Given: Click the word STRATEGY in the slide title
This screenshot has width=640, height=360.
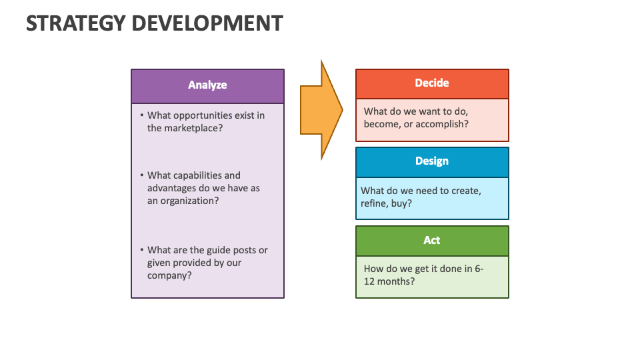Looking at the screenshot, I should pyautogui.click(x=75, y=23).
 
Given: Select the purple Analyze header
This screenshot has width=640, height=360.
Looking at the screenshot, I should pyautogui.click(x=207, y=85).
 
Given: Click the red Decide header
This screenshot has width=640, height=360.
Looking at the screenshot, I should pyautogui.click(x=432, y=83).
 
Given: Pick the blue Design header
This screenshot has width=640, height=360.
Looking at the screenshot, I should pyautogui.click(x=432, y=161).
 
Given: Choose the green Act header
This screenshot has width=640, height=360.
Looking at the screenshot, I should pyautogui.click(x=432, y=241).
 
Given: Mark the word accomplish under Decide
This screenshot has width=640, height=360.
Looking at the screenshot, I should pyautogui.click(x=441, y=124).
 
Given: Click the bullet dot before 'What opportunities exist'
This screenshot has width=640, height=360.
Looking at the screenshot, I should pyautogui.click(x=141, y=115).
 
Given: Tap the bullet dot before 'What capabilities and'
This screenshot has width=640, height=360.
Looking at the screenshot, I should pyautogui.click(x=141, y=175).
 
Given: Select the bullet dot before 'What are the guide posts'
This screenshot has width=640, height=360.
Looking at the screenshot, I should pyautogui.click(x=141, y=250).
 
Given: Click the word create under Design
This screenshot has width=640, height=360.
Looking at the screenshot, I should pyautogui.click(x=465, y=191).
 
